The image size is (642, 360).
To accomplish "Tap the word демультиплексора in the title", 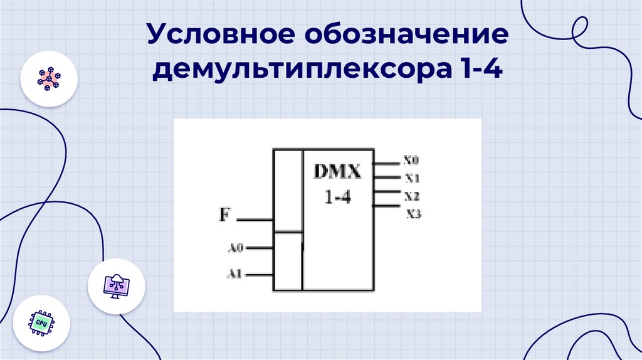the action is pyautogui.click(x=295, y=69).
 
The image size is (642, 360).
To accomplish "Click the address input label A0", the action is pyautogui.click(x=234, y=248).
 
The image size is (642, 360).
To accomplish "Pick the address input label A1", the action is pyautogui.click(x=234, y=274).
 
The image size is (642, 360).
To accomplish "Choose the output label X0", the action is pyautogui.click(x=411, y=161).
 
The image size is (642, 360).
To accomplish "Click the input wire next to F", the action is pyautogui.click(x=255, y=220).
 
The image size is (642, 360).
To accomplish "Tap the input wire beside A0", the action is pyautogui.click(x=259, y=248).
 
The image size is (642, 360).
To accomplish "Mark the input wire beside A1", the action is pyautogui.click(x=259, y=275).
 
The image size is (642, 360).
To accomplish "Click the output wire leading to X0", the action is pyautogui.click(x=386, y=164).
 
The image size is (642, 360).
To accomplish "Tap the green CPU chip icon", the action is pyautogui.click(x=41, y=322).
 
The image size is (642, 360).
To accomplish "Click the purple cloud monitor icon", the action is pyautogui.click(x=117, y=287).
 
